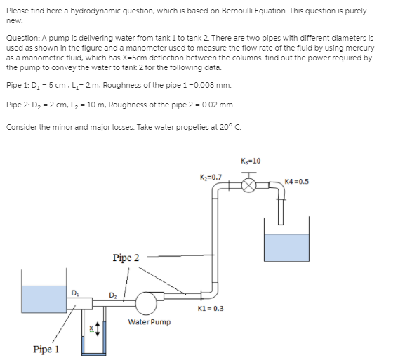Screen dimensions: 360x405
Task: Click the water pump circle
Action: (147, 302)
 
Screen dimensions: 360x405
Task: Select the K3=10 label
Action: (251, 161)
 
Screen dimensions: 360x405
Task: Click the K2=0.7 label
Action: (212, 177)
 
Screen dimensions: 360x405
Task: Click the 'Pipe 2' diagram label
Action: (126, 258)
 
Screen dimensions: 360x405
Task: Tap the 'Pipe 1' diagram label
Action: (46, 349)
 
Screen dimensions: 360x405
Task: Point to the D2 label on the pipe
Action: (112, 293)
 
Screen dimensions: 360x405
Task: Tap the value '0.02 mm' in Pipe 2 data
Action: (218, 105)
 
